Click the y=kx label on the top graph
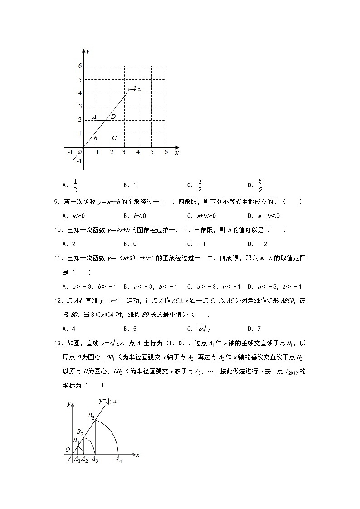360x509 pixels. (133, 89)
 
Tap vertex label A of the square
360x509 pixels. (94, 117)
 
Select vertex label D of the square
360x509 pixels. (113, 117)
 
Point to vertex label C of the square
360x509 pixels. (114, 138)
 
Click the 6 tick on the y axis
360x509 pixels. (79, 66)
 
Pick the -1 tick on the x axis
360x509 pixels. (70, 152)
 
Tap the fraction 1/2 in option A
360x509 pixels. (76, 185)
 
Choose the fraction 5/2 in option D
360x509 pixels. (261, 185)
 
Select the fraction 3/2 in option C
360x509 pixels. (199, 185)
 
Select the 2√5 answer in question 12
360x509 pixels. (204, 329)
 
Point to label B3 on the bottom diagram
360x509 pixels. (91, 415)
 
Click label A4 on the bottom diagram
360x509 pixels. (118, 460)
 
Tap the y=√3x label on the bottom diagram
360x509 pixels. (108, 401)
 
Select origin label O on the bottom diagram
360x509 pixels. (68, 449)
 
